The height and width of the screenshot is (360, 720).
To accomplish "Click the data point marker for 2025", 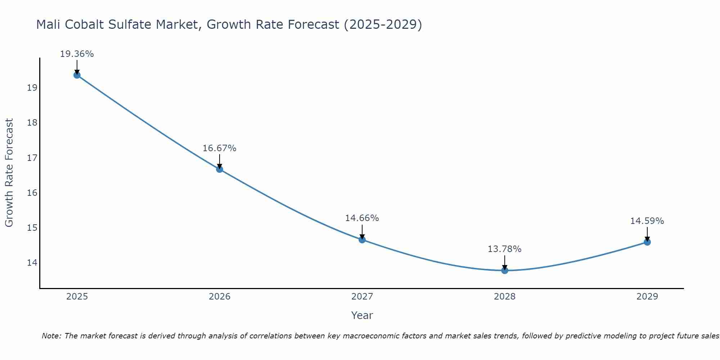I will pyautogui.click(x=77, y=75).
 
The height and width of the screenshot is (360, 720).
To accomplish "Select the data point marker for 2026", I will pyautogui.click(x=220, y=169).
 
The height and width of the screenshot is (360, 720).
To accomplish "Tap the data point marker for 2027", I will pyautogui.click(x=362, y=240).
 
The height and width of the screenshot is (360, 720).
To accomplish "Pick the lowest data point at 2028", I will pyautogui.click(x=505, y=270).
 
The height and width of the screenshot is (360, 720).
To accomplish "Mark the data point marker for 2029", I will pyautogui.click(x=647, y=242).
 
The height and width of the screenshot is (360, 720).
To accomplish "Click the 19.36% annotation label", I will pyautogui.click(x=77, y=54).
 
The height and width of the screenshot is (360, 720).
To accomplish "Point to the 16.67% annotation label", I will pyautogui.click(x=219, y=148).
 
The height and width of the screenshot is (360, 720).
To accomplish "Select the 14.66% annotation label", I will pyautogui.click(x=362, y=218).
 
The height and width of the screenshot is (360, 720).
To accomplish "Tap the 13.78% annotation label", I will pyautogui.click(x=504, y=249).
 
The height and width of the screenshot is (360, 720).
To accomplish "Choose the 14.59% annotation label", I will pyautogui.click(x=647, y=221).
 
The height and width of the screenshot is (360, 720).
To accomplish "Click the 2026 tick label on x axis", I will pyautogui.click(x=220, y=297).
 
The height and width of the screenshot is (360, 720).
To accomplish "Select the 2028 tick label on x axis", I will pyautogui.click(x=505, y=297).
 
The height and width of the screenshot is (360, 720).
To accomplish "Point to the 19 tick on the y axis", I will pyautogui.click(x=32, y=88).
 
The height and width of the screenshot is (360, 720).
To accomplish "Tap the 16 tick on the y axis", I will pyautogui.click(x=32, y=193).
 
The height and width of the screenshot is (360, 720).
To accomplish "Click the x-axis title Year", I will pyautogui.click(x=362, y=315).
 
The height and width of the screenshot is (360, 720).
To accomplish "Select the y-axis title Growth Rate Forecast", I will pyautogui.click(x=9, y=173).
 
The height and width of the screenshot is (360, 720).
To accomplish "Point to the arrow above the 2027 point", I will pyautogui.click(x=362, y=231).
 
